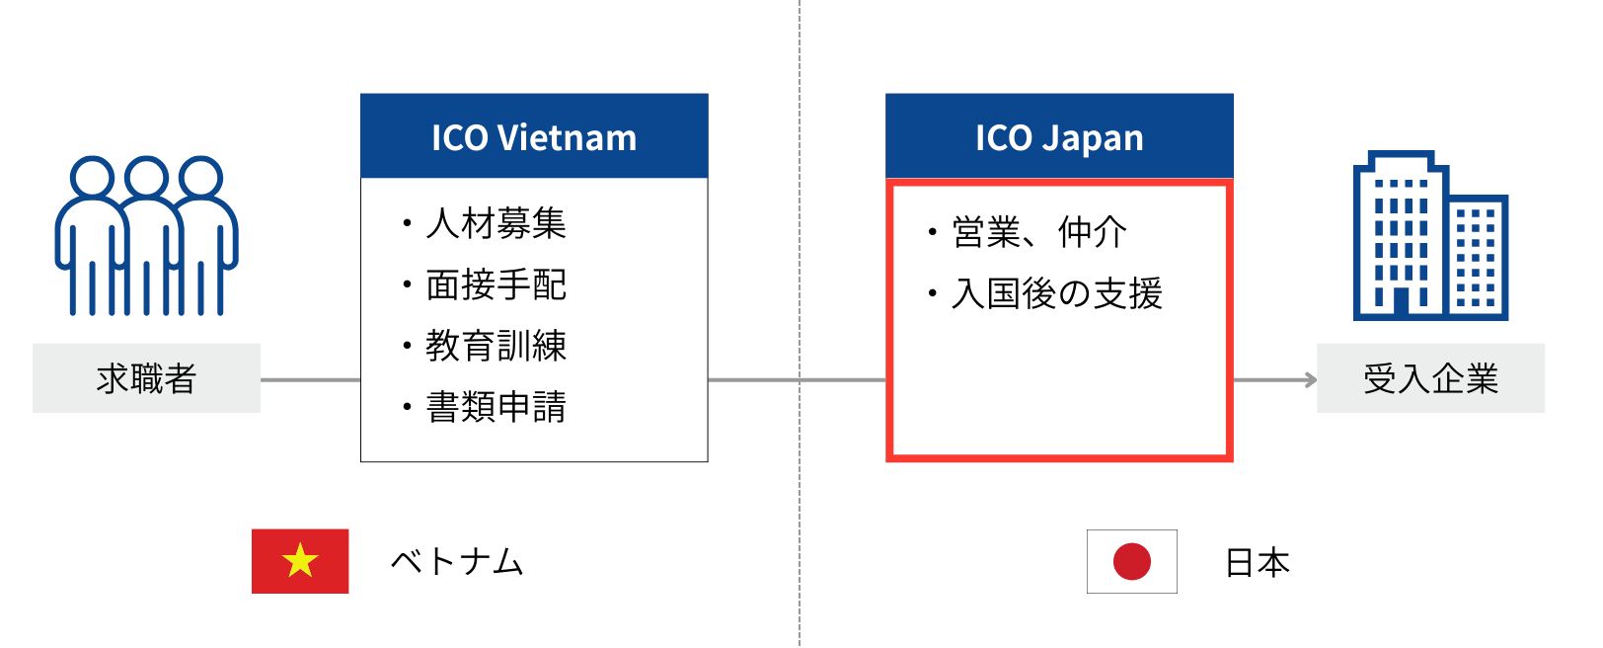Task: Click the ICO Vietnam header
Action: coord(534,136)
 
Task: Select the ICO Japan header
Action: coord(1059,136)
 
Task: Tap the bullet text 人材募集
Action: coord(496,223)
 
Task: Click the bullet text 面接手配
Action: coord(496,284)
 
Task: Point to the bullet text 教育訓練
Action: coord(496,346)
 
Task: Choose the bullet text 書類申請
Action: coord(496,407)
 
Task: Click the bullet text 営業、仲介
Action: coord(1039,232)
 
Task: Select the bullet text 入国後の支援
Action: coord(1057,293)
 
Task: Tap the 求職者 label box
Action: coord(146,378)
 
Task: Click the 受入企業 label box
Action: coord(1430,378)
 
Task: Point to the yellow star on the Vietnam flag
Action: coord(300,561)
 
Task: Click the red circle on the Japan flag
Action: coord(1131,561)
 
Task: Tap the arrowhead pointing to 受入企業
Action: coord(1311,379)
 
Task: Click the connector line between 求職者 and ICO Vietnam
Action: coord(311,379)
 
